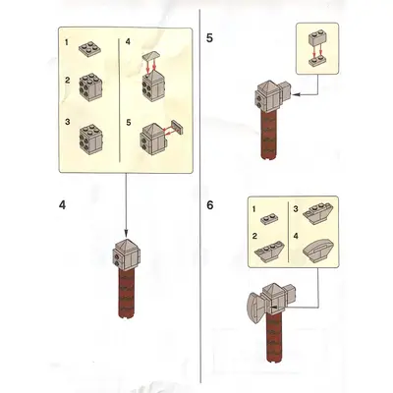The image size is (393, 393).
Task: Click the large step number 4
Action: (x=62, y=205)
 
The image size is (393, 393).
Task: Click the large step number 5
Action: (x=209, y=38)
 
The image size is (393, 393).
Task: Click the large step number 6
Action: (x=210, y=205)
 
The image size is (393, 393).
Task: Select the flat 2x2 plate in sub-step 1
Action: (x=89, y=48)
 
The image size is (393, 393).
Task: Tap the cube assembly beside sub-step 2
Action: (x=91, y=87)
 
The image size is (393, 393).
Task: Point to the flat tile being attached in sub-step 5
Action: (x=177, y=127)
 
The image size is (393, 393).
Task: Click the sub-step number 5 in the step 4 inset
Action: (x=129, y=123)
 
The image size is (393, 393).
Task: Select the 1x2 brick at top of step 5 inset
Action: (x=317, y=38)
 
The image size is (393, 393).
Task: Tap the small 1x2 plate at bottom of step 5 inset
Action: (x=317, y=62)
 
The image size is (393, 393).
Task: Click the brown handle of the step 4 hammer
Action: (x=127, y=293)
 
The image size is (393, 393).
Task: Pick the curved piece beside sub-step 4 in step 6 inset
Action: (x=318, y=250)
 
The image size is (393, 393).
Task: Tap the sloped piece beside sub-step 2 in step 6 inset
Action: (x=270, y=253)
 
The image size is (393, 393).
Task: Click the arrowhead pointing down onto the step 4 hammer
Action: (x=126, y=234)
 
